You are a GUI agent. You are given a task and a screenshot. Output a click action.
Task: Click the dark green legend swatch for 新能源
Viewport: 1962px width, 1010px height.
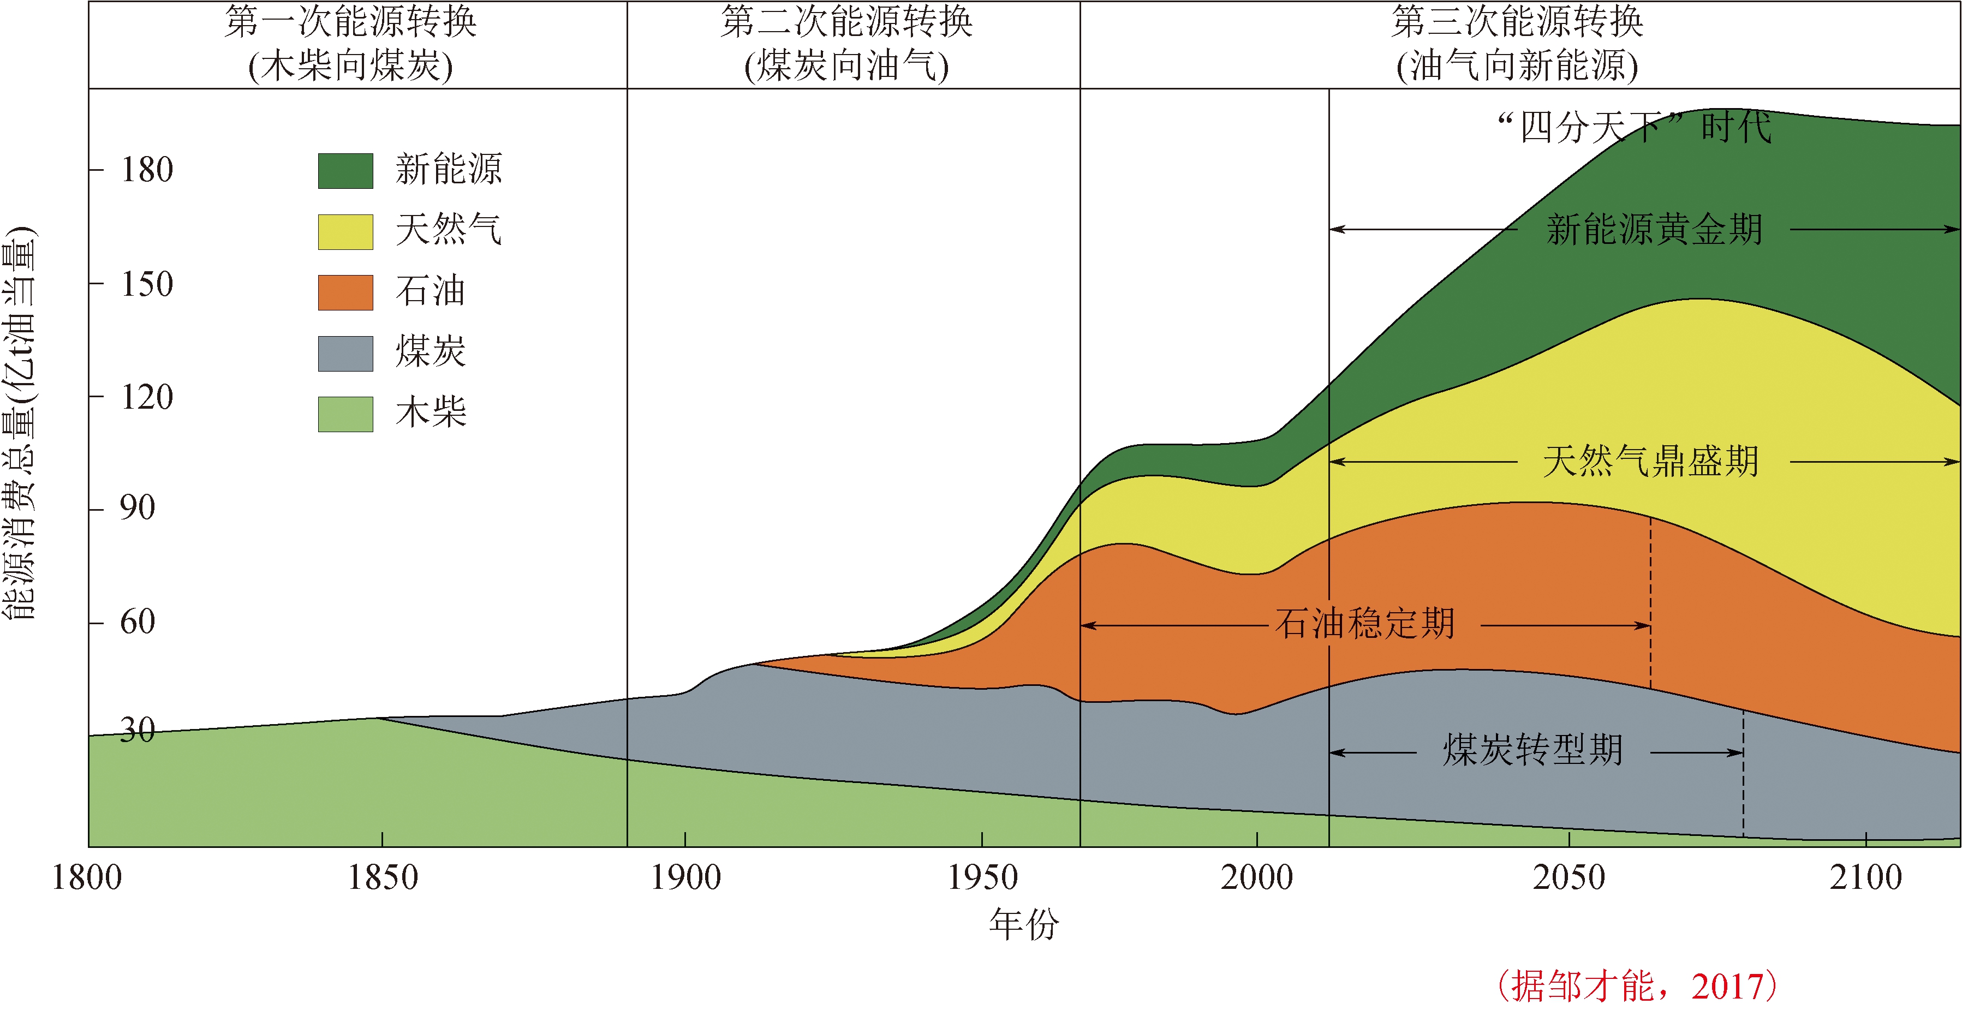click(x=345, y=171)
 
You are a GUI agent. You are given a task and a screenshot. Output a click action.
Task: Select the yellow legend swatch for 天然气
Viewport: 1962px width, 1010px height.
click(x=345, y=231)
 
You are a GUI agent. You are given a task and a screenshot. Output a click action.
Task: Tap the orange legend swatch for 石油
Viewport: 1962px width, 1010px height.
click(x=345, y=292)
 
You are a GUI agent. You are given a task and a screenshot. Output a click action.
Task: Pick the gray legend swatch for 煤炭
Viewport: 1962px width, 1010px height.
click(x=345, y=354)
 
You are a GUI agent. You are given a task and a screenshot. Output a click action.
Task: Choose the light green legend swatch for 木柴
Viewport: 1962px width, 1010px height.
click(x=345, y=414)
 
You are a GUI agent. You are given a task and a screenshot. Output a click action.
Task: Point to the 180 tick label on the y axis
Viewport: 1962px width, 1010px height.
click(x=147, y=170)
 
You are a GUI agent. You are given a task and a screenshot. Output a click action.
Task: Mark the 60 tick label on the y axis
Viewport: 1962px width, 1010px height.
click(x=138, y=622)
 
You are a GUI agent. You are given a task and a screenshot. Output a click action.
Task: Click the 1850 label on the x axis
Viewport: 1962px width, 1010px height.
click(x=383, y=877)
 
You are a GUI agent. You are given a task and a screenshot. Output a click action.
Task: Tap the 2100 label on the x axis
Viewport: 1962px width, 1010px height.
click(x=1865, y=877)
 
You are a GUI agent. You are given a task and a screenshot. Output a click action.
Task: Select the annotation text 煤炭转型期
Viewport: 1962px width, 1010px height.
click(x=1532, y=750)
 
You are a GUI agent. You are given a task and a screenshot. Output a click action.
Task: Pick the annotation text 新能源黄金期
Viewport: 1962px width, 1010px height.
click(x=1654, y=229)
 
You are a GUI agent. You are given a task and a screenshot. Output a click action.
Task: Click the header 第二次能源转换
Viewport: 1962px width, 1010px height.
click(x=847, y=23)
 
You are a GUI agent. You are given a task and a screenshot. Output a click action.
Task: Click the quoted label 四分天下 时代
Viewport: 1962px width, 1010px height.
click(x=1635, y=127)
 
